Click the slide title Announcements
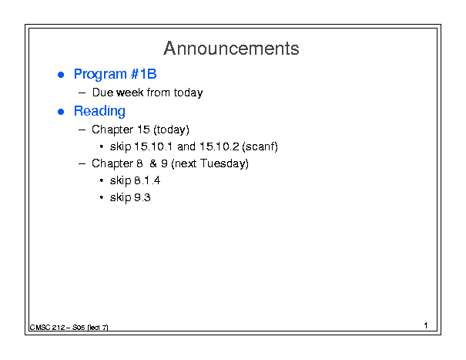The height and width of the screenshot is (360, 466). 231,49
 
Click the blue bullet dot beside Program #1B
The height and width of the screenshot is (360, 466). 61,75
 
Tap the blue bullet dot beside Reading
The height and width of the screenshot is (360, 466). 61,112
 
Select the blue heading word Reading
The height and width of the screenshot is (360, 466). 99,112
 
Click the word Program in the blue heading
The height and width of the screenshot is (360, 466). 100,75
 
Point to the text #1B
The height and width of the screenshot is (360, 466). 143,74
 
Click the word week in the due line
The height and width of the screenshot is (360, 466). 130,93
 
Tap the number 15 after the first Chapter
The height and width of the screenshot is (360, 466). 143,130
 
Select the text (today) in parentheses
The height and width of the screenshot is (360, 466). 171,130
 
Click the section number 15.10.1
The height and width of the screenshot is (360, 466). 153,146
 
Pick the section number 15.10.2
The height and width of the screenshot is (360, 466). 220,146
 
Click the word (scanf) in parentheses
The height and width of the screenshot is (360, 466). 260,146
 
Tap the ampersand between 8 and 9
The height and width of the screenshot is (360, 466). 153,163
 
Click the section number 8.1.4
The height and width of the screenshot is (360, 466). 147,180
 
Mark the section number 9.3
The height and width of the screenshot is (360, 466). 142,197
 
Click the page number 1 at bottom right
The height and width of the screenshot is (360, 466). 426,325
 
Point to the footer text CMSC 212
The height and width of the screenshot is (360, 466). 47,328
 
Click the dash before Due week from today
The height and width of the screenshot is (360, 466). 82,93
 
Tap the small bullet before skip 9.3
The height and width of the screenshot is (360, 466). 102,197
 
